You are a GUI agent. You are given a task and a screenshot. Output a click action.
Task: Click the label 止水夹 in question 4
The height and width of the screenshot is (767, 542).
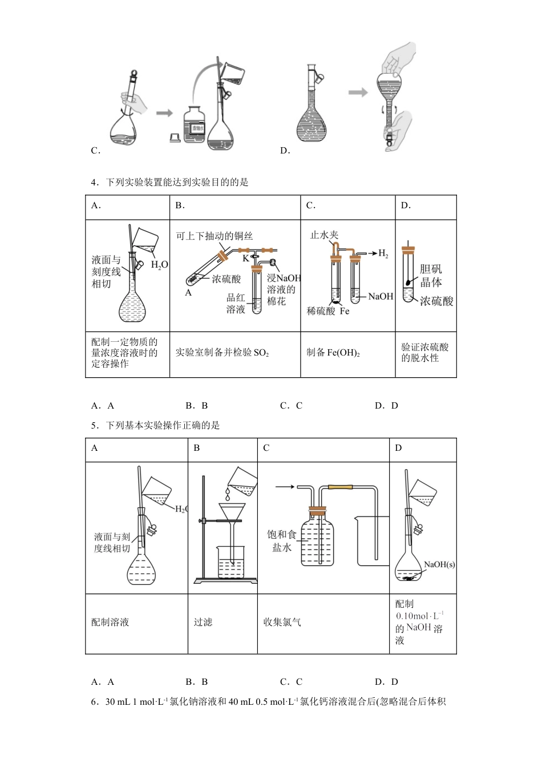coord(324,235)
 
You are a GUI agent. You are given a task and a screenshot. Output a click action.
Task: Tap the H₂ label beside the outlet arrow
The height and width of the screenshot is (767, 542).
coord(383,253)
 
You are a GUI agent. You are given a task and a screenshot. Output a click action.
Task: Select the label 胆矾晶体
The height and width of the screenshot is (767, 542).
coord(431,276)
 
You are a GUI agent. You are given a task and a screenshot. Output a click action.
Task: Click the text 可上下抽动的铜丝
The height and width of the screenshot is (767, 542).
coord(214,236)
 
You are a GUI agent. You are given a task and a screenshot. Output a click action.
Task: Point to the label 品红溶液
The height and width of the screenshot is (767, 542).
coord(236,303)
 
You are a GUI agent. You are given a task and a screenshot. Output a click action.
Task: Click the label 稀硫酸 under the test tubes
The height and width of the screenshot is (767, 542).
coord(321,311)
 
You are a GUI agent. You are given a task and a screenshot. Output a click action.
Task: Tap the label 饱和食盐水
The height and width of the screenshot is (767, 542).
coord(282,540)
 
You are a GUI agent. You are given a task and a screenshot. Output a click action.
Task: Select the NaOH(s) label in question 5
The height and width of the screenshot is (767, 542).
coord(439,564)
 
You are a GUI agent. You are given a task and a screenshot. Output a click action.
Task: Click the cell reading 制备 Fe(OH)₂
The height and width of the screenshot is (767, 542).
coord(333,353)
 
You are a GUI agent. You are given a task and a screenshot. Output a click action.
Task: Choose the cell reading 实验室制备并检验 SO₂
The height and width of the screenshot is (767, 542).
coord(222,353)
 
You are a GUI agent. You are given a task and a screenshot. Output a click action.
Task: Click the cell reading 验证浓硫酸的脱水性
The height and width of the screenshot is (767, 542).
coord(425,353)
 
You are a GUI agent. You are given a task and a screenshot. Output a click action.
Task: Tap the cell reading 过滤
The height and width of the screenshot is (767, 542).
coord(203,622)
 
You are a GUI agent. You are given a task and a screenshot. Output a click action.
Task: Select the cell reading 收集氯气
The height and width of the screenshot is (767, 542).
coord(282,622)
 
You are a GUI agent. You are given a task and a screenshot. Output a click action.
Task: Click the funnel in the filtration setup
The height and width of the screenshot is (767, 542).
coord(232,512)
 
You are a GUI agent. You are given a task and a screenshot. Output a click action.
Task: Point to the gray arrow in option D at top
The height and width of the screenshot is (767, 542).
coord(358,92)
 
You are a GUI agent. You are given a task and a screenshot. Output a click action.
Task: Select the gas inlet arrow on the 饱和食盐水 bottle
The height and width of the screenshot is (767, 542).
coord(285,487)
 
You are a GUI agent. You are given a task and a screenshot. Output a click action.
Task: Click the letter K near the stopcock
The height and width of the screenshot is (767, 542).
coord(246,259)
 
